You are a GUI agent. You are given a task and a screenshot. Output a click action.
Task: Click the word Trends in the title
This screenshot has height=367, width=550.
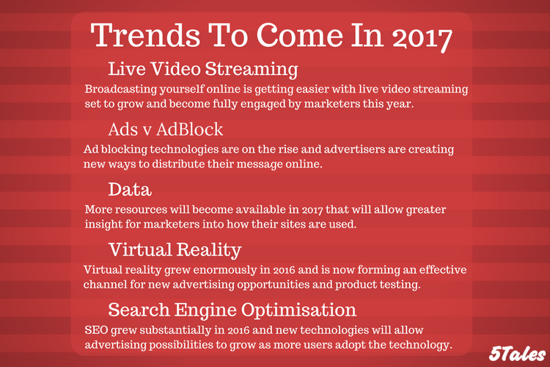[x=145, y=35]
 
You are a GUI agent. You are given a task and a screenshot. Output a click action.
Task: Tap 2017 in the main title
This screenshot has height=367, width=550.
[x=422, y=38]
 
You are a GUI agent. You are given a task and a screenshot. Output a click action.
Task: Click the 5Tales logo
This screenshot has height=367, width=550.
[x=517, y=353]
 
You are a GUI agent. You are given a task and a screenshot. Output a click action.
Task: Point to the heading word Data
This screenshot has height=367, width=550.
[x=130, y=189]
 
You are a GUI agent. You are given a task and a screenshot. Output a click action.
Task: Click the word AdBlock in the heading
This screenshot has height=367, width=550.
[x=190, y=129]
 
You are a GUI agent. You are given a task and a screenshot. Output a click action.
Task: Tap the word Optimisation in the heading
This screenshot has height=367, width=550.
[x=299, y=310]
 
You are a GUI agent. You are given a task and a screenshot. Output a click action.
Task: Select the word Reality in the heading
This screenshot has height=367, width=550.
[x=209, y=251]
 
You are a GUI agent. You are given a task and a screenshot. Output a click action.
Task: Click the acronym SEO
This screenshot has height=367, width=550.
[x=96, y=330]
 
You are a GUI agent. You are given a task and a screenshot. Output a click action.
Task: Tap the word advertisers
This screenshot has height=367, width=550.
[x=354, y=149]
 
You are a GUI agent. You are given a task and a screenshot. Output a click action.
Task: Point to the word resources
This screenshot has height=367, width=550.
[x=141, y=210]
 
